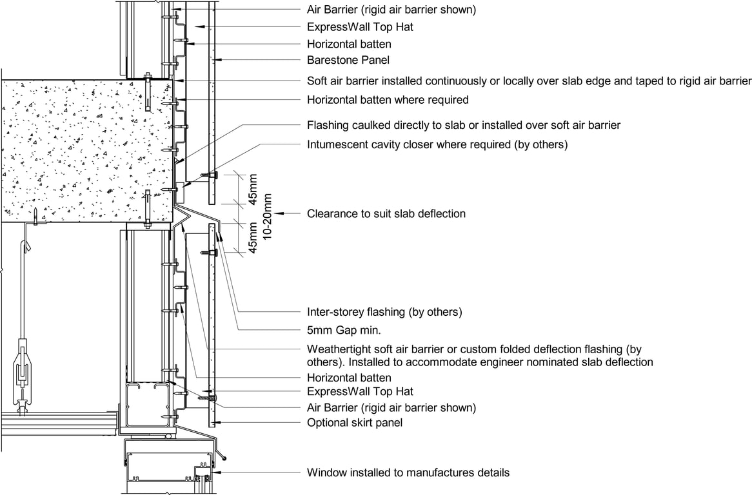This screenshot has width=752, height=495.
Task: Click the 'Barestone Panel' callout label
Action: pyautogui.click(x=348, y=60)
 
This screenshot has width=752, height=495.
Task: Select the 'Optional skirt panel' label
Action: pyautogui.click(x=355, y=423)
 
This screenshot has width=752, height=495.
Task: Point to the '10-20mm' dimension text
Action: pyautogui.click(x=268, y=216)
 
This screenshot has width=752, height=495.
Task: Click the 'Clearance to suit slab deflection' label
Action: pyautogui.click(x=386, y=213)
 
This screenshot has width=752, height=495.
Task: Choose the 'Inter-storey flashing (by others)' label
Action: pyautogui.click(x=384, y=312)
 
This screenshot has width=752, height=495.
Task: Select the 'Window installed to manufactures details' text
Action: pyautogui.click(x=408, y=472)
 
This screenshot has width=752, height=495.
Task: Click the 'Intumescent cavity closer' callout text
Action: pyautogui.click(x=437, y=144)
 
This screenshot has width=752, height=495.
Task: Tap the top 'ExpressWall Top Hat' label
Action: pyautogui.click(x=360, y=28)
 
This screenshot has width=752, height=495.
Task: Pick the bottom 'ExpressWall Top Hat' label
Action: pyautogui.click(x=360, y=391)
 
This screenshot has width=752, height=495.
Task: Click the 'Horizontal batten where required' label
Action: pyautogui.click(x=388, y=100)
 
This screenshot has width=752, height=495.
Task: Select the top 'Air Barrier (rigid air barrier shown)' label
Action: pyautogui.click(x=391, y=10)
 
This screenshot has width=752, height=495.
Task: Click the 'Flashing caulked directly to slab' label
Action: pyautogui.click(x=463, y=125)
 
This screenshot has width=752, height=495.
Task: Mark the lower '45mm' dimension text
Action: pyautogui.click(x=253, y=237)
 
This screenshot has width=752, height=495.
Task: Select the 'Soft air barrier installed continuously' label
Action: pyautogui.click(x=529, y=81)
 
